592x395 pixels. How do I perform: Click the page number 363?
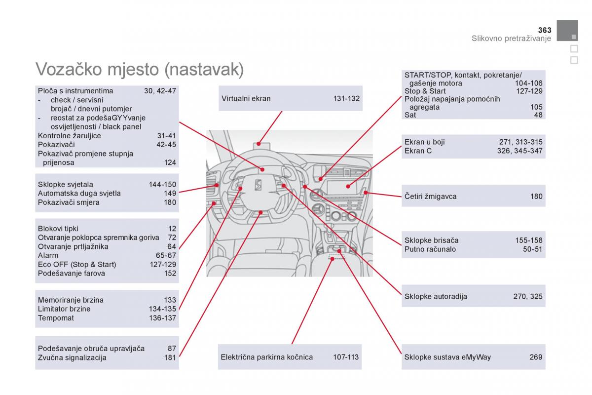pyautogui.click(x=544, y=30)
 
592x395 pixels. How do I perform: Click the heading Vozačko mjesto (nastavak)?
pyautogui.click(x=140, y=69)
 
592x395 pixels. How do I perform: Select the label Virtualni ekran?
pyautogui.click(x=246, y=98)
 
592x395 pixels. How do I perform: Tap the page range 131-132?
pyautogui.click(x=346, y=98)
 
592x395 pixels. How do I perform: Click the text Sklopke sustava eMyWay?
pyautogui.click(x=447, y=357)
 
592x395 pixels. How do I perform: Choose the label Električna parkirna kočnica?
pyautogui.click(x=267, y=357)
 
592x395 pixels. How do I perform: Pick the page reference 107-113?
pyautogui.click(x=346, y=357)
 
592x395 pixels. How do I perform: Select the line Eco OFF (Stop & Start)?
pyautogui.click(x=77, y=264)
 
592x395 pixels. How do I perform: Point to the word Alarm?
pyautogui.click(x=48, y=255)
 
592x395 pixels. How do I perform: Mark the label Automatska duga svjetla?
pyautogui.click(x=79, y=194)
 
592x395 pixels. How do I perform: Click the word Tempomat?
pyautogui.click(x=56, y=318)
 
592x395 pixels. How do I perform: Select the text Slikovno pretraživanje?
pyautogui.click(x=511, y=39)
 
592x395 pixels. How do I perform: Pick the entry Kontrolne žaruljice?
pyautogui.click(x=69, y=136)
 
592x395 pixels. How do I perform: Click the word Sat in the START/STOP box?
pyautogui.click(x=410, y=115)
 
